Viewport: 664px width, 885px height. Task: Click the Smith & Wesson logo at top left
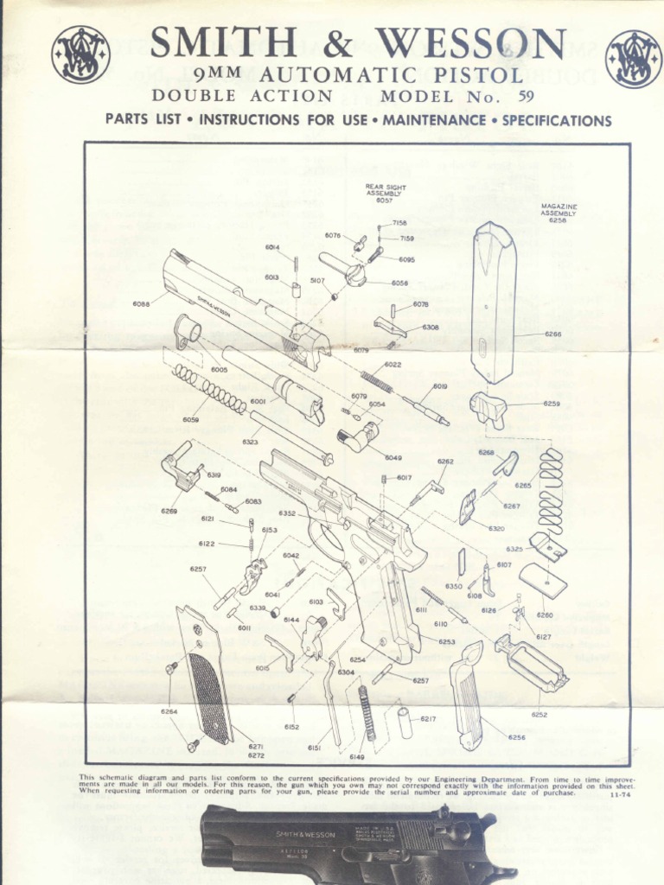click(80, 54)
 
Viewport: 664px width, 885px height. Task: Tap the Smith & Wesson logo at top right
click(633, 59)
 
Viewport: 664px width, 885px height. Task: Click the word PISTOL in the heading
click(480, 75)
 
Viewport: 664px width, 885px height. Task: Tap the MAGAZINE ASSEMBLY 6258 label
click(558, 213)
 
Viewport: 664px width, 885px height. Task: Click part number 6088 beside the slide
click(141, 303)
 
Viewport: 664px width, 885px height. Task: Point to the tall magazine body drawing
click(494, 302)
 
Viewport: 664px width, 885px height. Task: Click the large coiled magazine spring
click(551, 490)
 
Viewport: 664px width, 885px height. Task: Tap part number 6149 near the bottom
click(356, 757)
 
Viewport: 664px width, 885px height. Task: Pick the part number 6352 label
click(287, 513)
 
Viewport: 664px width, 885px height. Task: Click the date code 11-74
click(620, 795)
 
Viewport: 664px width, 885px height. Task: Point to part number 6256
click(516, 737)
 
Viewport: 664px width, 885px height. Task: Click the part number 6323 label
click(251, 442)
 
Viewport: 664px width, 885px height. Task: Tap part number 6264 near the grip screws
click(169, 711)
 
